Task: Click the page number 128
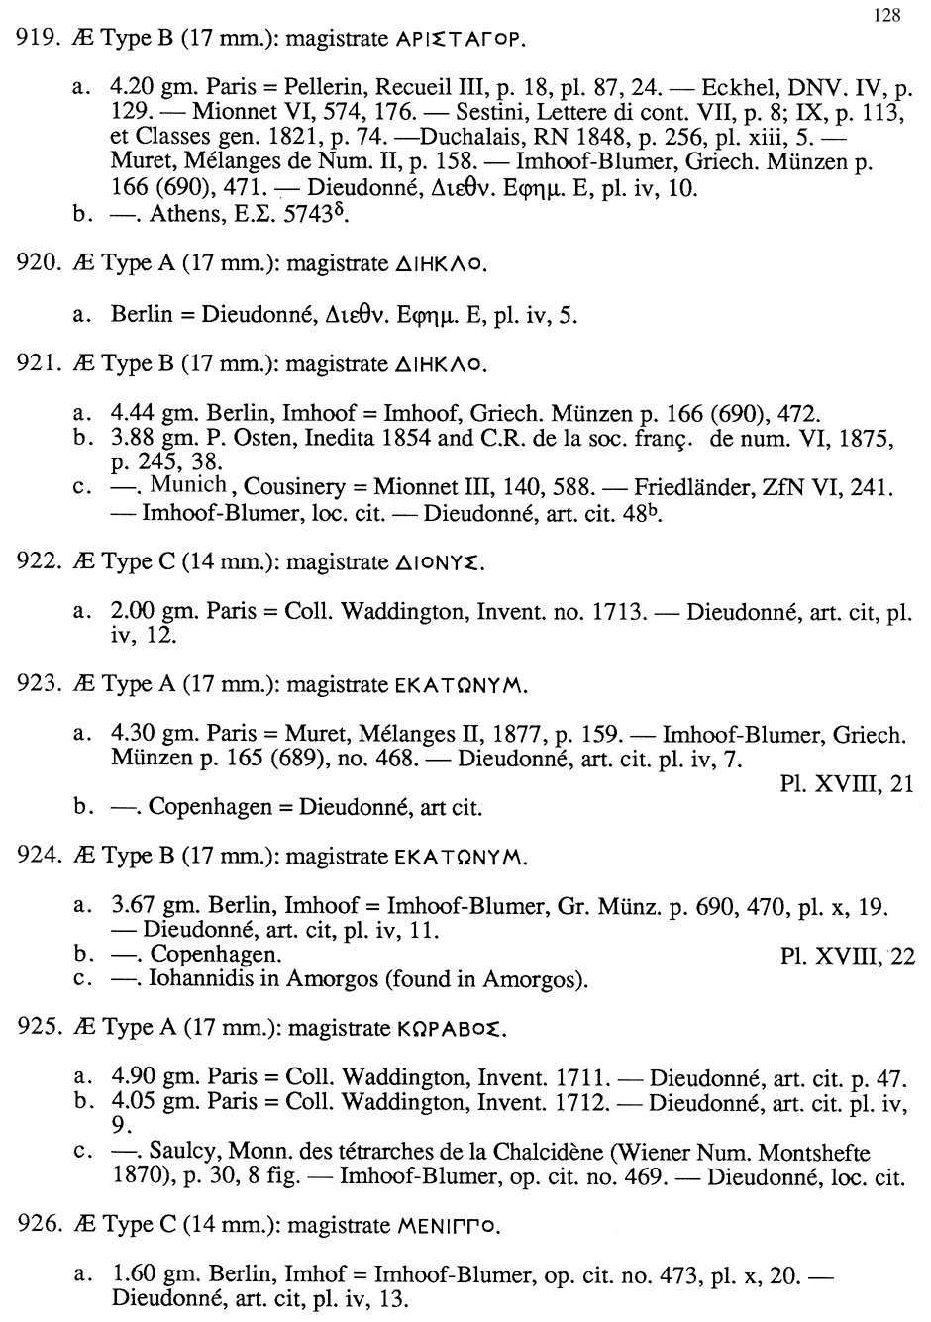[887, 15]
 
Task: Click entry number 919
[36, 41]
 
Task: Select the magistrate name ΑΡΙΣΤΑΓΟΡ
[459, 42]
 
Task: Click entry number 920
[36, 263]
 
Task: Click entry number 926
[36, 1226]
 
